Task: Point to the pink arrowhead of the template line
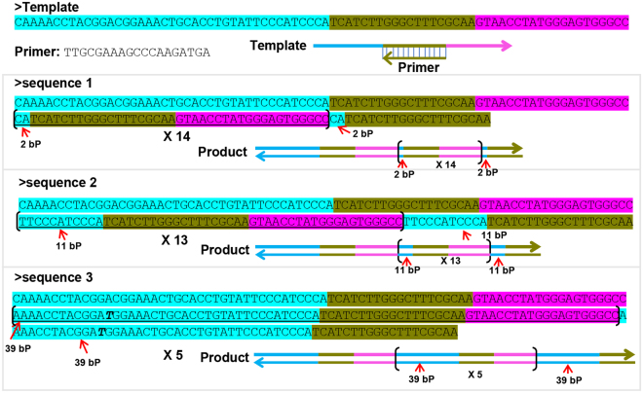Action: pyautogui.click(x=507, y=46)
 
